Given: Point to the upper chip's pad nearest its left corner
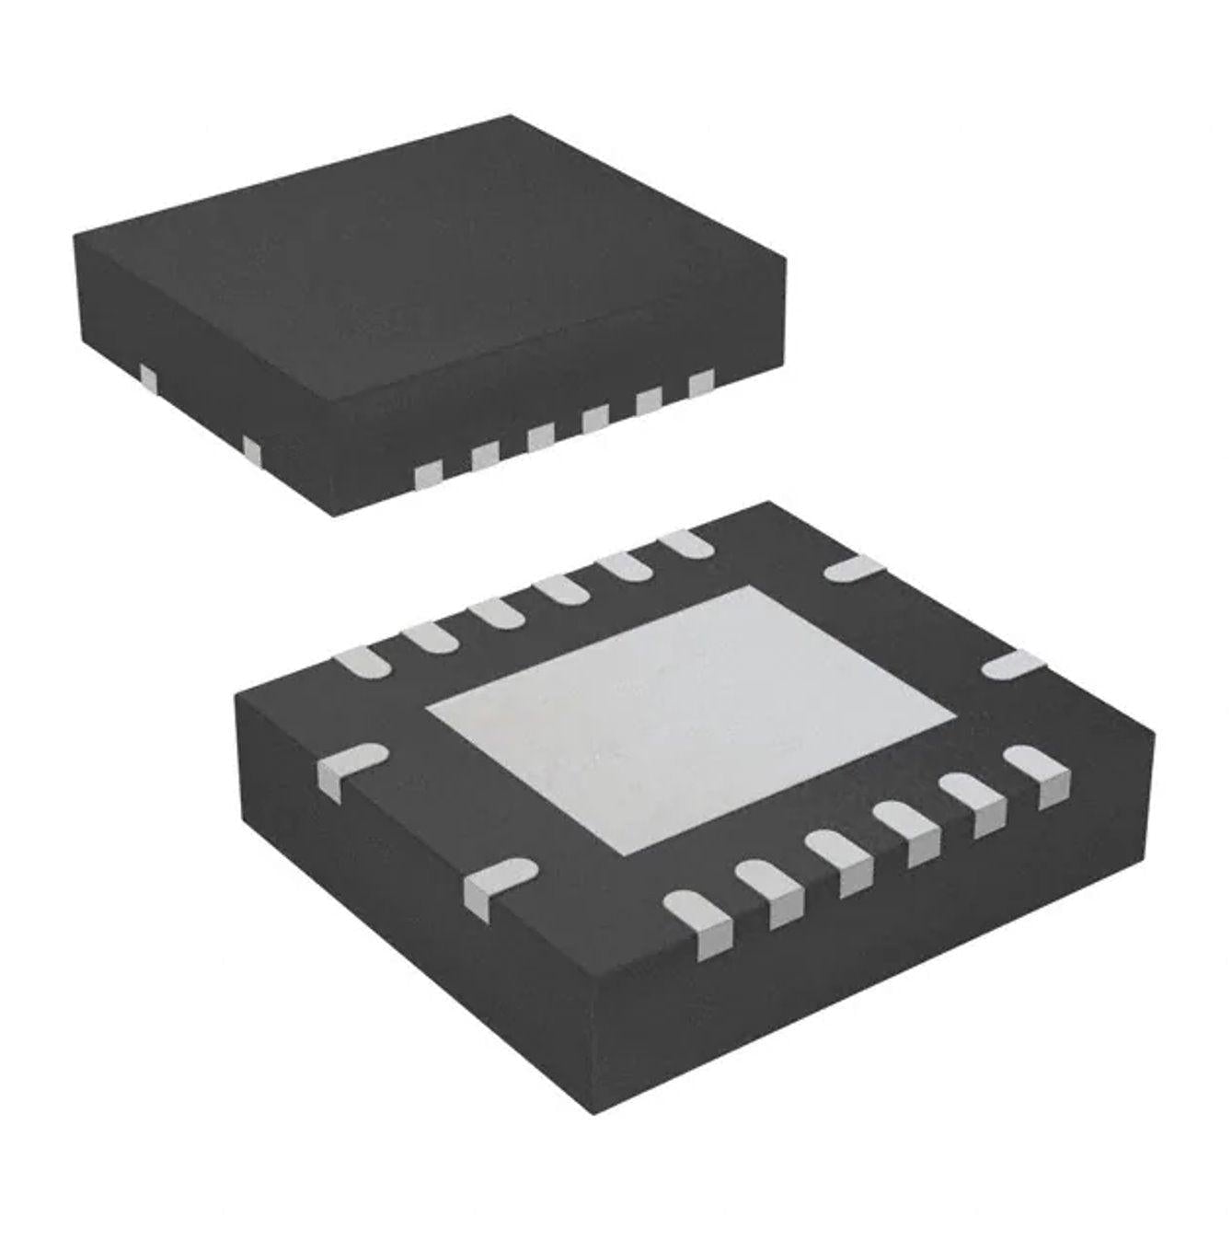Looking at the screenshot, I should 146,377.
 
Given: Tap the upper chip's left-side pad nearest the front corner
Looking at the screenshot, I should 251,448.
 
